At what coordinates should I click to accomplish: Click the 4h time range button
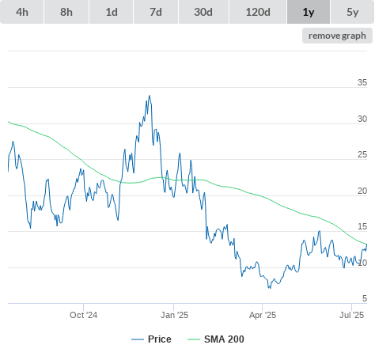point(22,12)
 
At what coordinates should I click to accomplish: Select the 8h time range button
point(66,12)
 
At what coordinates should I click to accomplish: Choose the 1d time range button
point(112,12)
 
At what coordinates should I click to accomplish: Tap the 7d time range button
point(156,12)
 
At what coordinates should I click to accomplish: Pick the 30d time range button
point(203,12)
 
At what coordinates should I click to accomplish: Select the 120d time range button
point(258,12)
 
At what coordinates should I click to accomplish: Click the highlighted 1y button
point(309,12)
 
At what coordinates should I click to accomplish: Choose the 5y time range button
point(353,12)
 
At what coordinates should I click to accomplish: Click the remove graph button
point(337,36)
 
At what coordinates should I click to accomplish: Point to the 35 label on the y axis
point(362,82)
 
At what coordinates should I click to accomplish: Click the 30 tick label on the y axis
point(362,119)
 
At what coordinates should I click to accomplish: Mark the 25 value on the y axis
point(362,154)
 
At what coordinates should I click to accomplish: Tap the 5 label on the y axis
point(365,298)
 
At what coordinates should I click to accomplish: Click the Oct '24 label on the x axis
point(83,315)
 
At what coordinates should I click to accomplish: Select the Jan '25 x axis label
point(174,315)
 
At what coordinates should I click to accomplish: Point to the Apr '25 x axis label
point(263,315)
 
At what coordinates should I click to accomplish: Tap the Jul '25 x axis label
point(352,315)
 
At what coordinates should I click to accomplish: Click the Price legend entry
point(151,339)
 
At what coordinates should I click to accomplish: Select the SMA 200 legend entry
point(216,339)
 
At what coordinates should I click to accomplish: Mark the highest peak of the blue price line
point(150,96)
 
